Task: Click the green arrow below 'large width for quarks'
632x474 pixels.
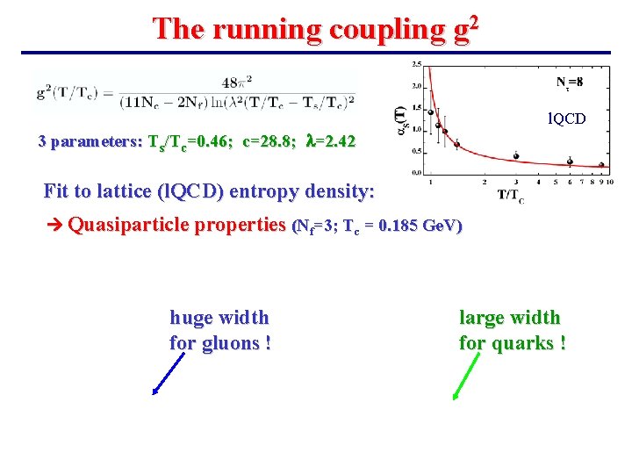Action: tap(468, 377)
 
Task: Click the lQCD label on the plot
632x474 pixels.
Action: tap(567, 118)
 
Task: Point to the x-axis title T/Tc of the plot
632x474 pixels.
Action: tap(510, 196)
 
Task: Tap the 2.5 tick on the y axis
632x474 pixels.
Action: tap(416, 64)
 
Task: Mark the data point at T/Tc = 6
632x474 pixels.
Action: tap(570, 161)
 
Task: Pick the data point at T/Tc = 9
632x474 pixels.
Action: tap(601, 164)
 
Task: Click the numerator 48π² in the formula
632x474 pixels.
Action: tap(237, 83)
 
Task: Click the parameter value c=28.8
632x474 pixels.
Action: tap(262, 141)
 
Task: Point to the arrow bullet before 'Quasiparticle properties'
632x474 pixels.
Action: tap(54, 226)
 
